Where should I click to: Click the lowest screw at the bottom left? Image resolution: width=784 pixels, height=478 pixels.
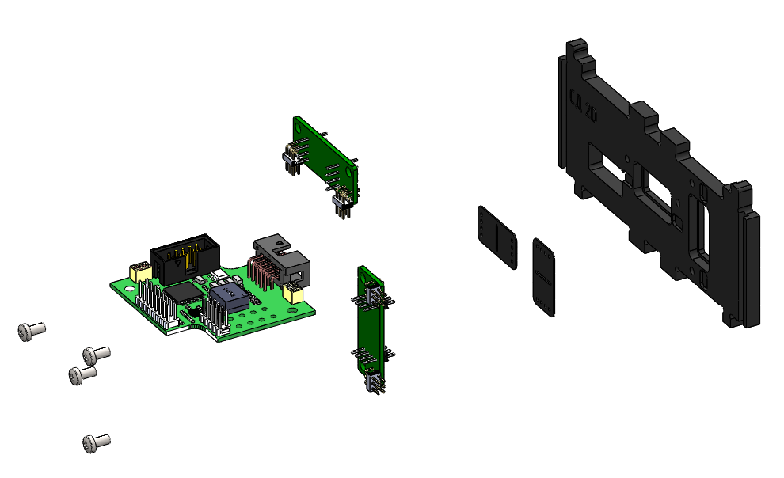coord(95,443)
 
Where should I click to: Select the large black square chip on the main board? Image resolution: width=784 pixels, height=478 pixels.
coord(185,292)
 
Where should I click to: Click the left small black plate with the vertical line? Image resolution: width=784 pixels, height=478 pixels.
coord(497,237)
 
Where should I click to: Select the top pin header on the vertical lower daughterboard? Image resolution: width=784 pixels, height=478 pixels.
coord(371,296)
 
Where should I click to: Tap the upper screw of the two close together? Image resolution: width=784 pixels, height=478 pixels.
coord(96,354)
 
